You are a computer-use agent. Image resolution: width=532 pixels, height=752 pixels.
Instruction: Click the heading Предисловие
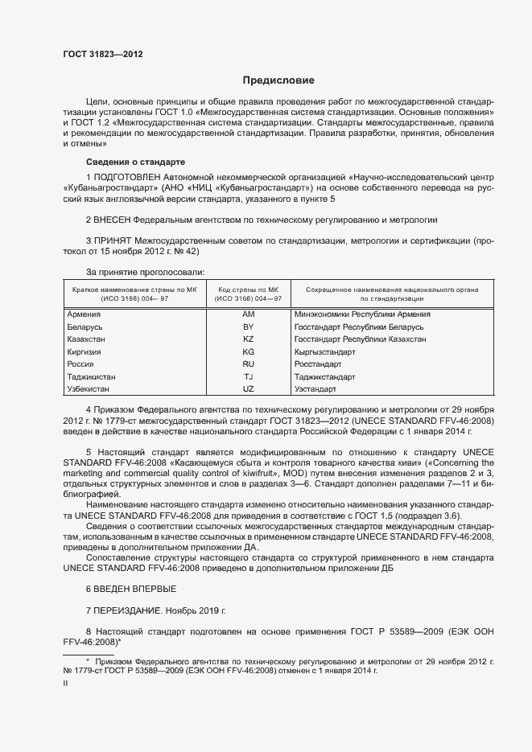(278, 80)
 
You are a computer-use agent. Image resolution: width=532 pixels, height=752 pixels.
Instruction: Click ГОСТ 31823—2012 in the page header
(103, 54)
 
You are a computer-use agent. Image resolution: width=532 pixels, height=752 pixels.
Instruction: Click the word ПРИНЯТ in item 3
(115, 240)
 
